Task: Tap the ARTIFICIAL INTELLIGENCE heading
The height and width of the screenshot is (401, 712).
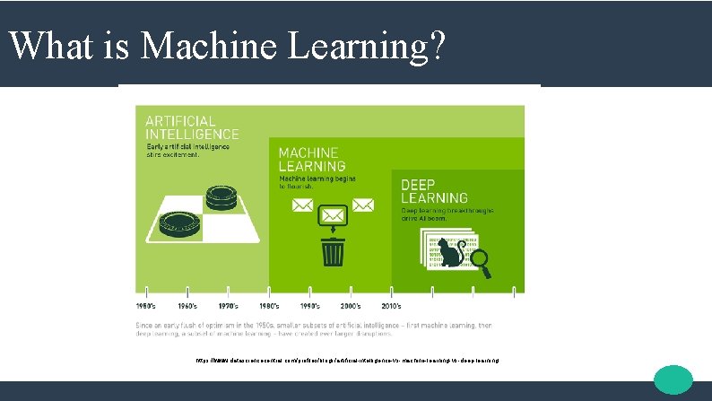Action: click(175, 127)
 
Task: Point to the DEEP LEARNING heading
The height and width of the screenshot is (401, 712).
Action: click(434, 190)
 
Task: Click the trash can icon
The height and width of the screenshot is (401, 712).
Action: click(334, 249)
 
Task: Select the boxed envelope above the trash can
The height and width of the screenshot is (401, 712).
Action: click(334, 216)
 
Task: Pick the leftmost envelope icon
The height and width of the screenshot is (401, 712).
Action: click(302, 206)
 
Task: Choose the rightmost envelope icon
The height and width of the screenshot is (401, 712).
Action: click(365, 206)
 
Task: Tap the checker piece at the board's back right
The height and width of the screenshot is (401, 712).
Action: click(221, 196)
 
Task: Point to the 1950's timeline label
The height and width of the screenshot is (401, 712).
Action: click(146, 306)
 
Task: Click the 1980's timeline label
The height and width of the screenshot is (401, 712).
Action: click(269, 306)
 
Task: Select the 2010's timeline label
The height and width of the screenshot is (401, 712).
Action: click(391, 306)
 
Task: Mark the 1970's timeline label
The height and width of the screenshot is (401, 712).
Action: click(228, 306)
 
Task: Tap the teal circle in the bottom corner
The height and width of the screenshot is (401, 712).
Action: click(673, 379)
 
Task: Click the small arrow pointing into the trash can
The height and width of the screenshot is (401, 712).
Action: click(334, 231)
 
